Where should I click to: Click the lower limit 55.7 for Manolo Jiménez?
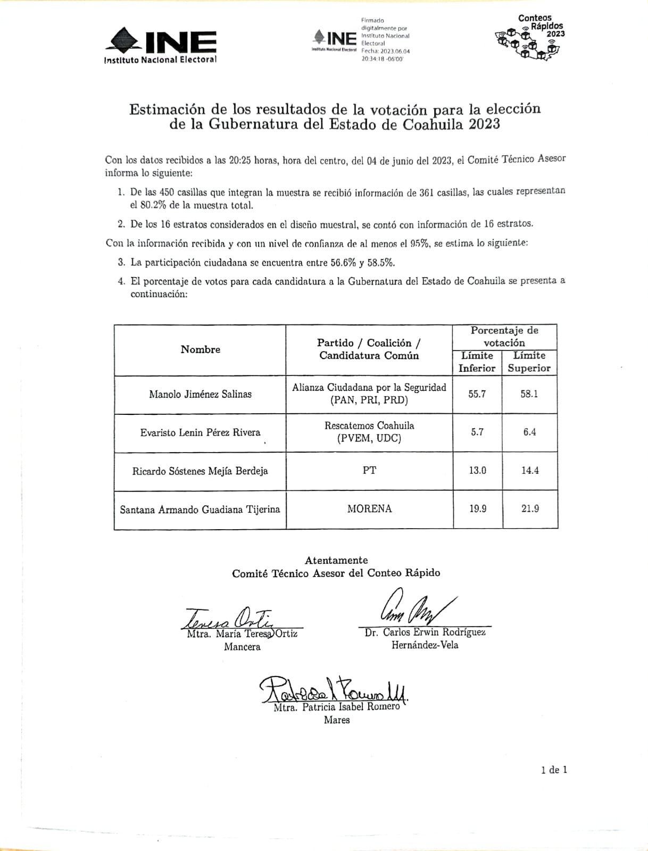tap(477, 394)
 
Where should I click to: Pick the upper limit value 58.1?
tap(529, 394)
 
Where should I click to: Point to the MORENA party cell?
tap(369, 508)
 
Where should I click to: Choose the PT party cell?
tap(369, 470)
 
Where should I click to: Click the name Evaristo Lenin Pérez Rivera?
tap(200, 432)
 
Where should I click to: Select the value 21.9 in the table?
tap(530, 508)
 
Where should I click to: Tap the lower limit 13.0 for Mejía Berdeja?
tap(477, 470)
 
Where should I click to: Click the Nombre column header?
tap(200, 349)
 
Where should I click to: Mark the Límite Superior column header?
tap(529, 362)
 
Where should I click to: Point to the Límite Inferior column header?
tap(477, 362)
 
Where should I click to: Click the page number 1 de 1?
tap(554, 770)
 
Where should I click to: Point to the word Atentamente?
tap(336, 560)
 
